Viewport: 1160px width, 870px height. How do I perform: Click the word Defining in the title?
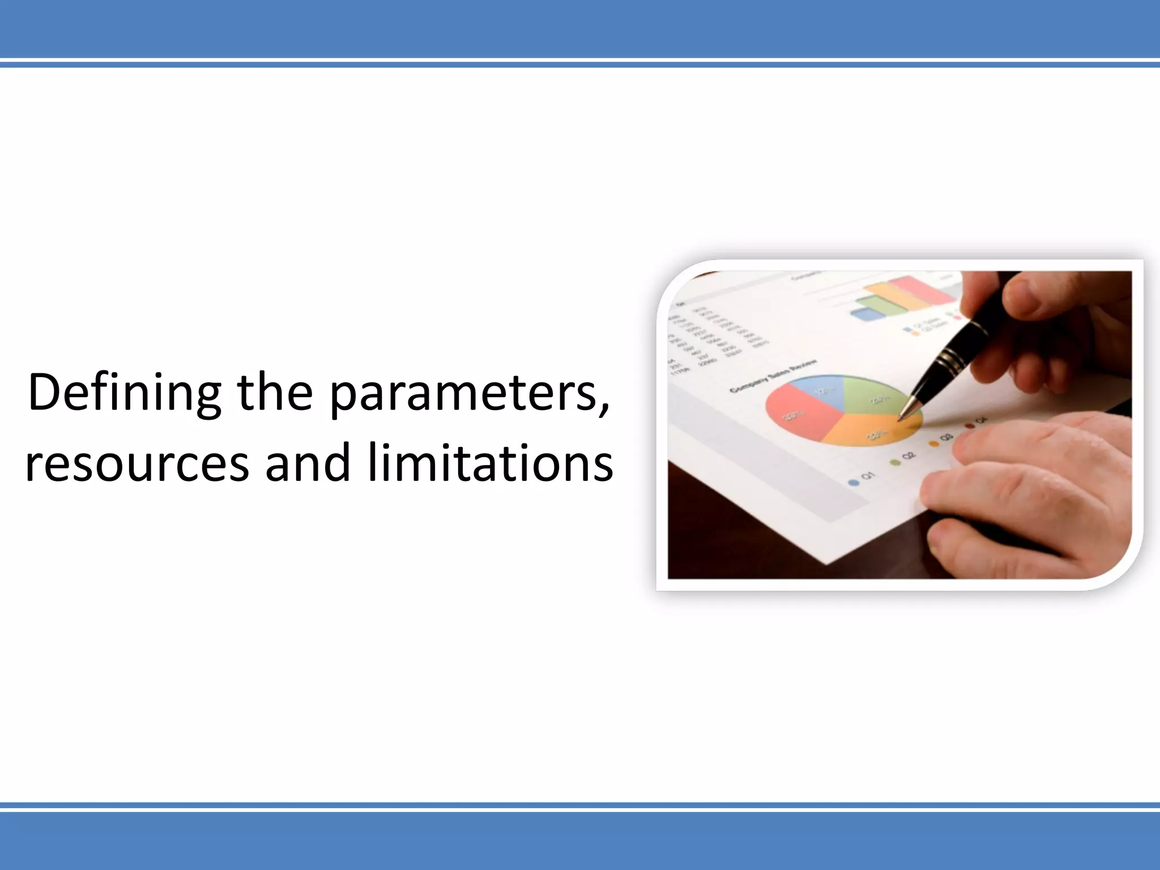pos(124,393)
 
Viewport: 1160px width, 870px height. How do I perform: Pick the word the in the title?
pos(275,393)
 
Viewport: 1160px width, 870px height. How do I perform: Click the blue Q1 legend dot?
pos(853,482)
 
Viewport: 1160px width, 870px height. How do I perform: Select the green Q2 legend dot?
pos(895,462)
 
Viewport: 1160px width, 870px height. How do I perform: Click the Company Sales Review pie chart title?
pos(773,376)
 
